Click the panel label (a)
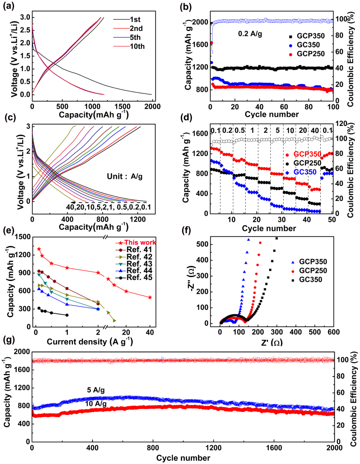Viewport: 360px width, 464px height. [9, 6]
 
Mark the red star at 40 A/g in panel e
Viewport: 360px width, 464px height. [150, 297]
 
